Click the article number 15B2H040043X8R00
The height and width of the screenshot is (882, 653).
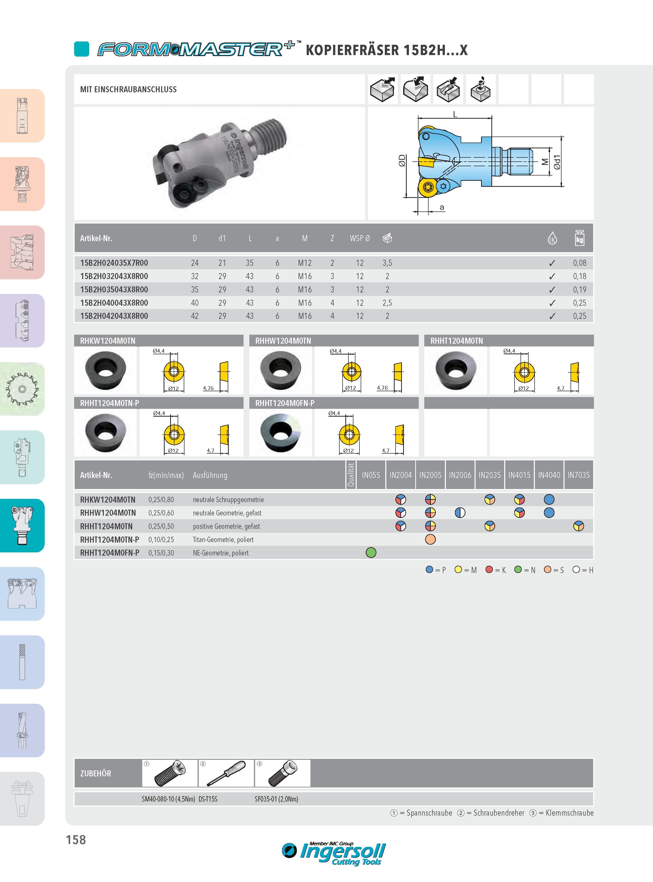114,303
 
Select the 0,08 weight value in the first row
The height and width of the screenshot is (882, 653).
579,263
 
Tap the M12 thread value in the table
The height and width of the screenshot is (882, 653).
305,263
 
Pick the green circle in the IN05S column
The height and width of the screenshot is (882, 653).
371,553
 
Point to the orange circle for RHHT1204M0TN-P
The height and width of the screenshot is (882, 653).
430,539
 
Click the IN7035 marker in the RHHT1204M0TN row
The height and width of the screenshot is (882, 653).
578,526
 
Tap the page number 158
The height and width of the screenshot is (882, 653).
76,840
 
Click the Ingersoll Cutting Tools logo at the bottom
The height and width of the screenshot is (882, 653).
334,854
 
